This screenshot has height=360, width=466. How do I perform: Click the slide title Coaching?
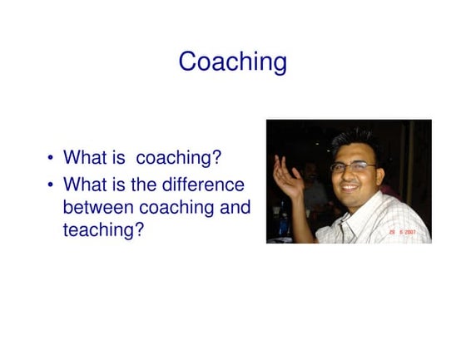(232, 62)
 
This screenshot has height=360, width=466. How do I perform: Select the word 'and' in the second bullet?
(234, 207)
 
